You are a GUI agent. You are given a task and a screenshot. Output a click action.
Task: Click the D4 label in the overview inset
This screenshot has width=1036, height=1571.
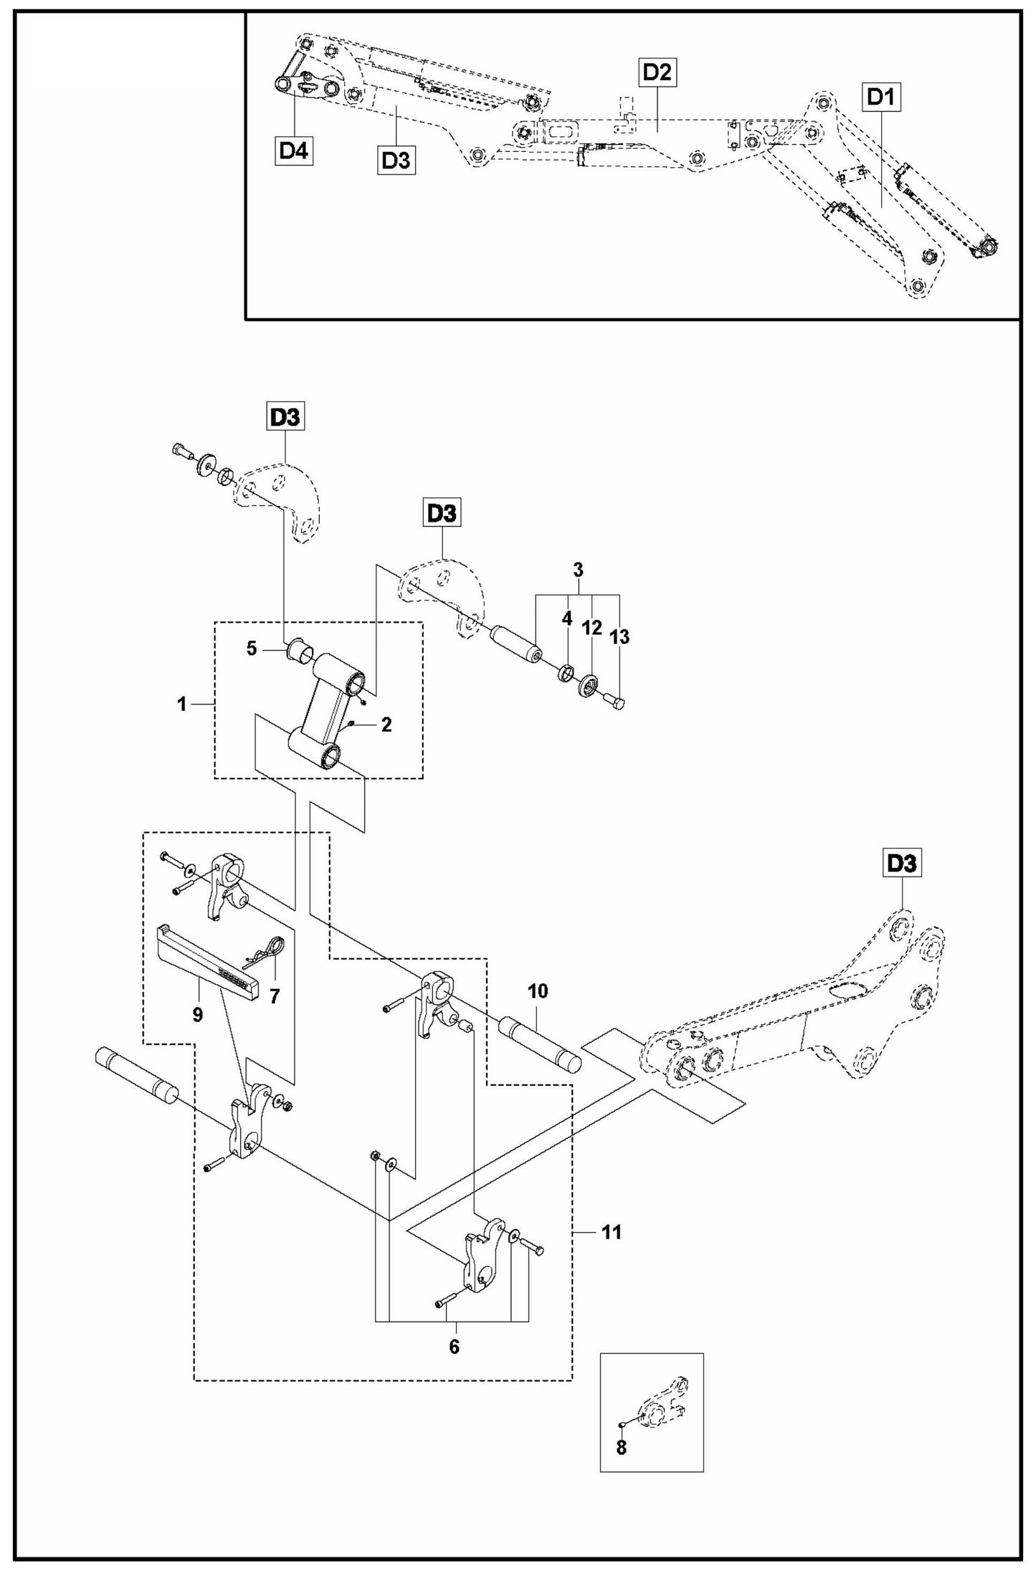tap(294, 151)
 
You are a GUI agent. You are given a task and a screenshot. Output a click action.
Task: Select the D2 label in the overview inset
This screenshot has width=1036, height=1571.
tap(657, 72)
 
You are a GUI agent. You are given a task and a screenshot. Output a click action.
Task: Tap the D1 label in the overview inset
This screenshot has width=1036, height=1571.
tap(881, 96)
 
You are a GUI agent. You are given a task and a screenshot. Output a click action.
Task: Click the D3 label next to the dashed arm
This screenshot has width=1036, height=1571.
tap(902, 864)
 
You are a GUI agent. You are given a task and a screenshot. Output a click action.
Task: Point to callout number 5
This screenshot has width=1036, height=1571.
tap(251, 649)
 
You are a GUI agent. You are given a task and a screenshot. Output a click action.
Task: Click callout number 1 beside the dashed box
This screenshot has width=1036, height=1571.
tap(182, 705)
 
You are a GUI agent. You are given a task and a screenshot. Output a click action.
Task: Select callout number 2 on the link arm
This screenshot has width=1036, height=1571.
tap(386, 725)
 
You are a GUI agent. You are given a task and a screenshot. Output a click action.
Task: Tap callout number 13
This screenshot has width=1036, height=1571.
tap(619, 636)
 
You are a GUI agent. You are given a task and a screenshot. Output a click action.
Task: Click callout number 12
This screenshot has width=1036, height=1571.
tap(591, 629)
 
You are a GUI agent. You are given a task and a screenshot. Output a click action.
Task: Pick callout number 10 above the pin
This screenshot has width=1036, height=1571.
tap(538, 990)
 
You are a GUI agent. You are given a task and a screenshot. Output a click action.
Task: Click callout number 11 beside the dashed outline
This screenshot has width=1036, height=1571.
tap(612, 1232)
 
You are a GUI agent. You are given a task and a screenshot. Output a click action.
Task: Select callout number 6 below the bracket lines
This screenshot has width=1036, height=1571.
tap(454, 1346)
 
